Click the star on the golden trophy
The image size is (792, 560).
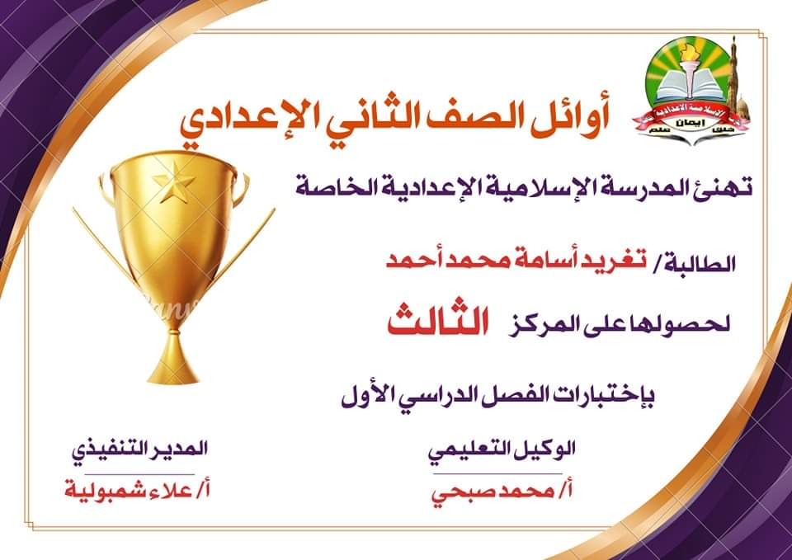coord(174,181)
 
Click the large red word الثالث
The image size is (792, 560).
coord(438,321)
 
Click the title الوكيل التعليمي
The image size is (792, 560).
coord(502,450)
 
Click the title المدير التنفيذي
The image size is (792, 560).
coord(139,449)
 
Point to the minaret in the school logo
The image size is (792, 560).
coord(734,75)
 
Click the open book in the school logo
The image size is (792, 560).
coord(691,87)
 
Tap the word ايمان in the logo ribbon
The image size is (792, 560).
coord(690,123)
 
